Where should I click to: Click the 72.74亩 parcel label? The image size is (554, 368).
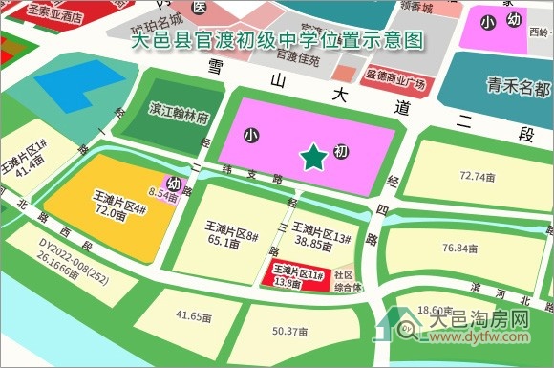[476, 177]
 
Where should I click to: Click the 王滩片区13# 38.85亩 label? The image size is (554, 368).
[323, 235]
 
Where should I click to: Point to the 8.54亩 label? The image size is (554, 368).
[162, 195]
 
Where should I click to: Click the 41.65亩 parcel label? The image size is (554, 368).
[195, 314]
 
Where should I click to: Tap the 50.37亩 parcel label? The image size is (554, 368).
[289, 332]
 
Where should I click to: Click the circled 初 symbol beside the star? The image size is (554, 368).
[341, 152]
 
